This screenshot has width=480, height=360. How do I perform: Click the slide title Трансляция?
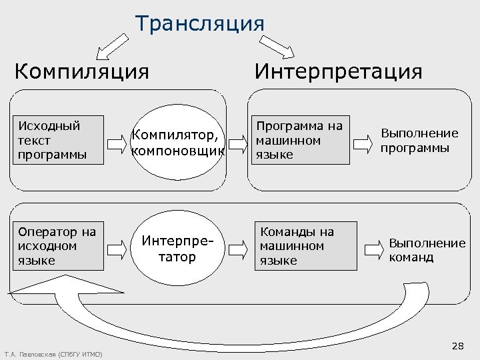point(200,23)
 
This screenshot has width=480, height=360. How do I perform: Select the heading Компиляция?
point(82,71)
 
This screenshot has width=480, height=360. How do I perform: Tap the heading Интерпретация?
point(339,71)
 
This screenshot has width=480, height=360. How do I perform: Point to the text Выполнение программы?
point(419,141)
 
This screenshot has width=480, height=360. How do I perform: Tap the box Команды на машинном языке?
point(307,246)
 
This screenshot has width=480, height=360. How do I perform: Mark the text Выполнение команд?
point(427,250)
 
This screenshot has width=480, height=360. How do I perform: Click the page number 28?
point(458,345)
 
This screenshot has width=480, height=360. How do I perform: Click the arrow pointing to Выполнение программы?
point(363,142)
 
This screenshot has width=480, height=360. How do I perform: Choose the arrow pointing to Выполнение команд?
point(373,249)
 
